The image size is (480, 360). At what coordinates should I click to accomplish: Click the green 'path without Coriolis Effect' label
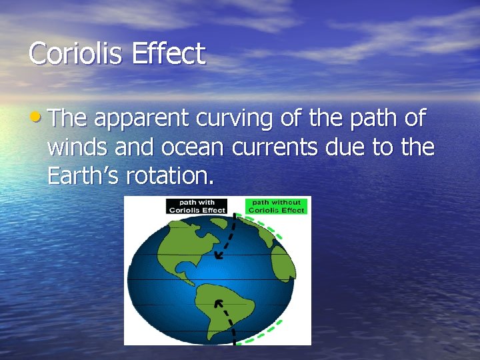(277, 206)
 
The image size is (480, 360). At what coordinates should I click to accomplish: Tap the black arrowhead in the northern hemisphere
(218, 255)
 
